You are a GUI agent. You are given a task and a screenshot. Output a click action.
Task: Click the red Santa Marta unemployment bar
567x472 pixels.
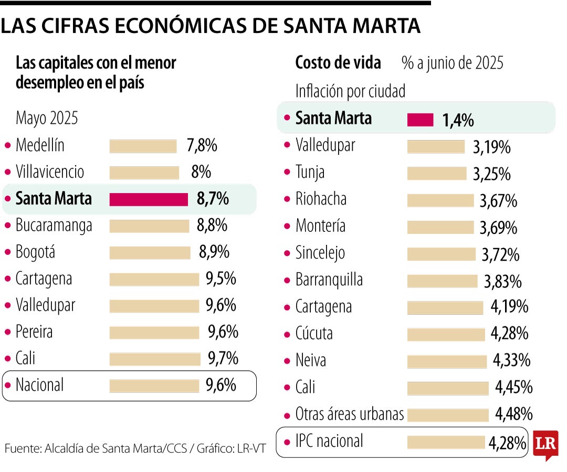(x=149, y=199)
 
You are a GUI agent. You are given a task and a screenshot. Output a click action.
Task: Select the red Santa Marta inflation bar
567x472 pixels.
(x=420, y=120)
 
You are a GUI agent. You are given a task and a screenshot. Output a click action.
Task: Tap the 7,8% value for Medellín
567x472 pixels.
(x=202, y=145)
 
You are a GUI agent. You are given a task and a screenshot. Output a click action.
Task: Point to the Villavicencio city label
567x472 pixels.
(x=50, y=172)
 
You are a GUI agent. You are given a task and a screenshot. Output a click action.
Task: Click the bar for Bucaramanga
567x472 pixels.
(x=149, y=226)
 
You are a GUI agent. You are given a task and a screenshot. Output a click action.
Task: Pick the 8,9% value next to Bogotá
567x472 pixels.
(x=214, y=252)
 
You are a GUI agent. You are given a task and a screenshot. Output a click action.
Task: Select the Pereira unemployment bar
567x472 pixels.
(x=154, y=332)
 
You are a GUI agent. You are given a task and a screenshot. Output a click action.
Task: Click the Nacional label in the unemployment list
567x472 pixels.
(x=40, y=385)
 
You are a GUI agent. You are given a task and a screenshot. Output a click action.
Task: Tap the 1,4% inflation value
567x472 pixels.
(x=458, y=121)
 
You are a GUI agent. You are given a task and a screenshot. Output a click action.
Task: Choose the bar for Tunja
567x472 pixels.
(x=436, y=173)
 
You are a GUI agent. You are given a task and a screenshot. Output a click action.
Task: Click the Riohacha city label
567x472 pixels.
(x=321, y=199)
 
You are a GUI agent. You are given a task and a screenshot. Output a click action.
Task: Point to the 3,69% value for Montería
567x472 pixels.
(x=498, y=228)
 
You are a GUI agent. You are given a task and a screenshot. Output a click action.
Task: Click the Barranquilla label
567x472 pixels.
(x=329, y=280)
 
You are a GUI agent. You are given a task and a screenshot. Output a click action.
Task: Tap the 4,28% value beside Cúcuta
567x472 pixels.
(x=509, y=334)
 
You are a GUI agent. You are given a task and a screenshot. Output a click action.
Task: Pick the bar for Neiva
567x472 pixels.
(x=447, y=361)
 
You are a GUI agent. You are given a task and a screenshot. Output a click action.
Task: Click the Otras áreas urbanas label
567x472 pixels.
(x=350, y=414)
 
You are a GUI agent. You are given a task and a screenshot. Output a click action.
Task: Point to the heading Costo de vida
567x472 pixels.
(x=338, y=63)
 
